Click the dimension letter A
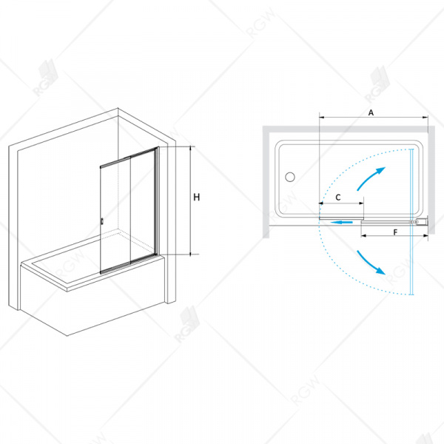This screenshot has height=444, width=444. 371,112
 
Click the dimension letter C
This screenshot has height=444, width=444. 338,198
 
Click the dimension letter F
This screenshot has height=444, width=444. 396,232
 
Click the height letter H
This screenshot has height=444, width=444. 197,197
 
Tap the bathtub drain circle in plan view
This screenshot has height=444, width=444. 289,177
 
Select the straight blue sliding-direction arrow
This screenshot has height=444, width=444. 341,222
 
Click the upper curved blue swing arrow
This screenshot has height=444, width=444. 371,178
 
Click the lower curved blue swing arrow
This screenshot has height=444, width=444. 371,263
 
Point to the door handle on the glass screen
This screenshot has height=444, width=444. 102,222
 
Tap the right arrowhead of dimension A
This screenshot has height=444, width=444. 425,117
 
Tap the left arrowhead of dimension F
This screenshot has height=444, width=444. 364,235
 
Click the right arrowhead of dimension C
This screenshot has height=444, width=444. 361,203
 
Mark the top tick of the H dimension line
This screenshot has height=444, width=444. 192,147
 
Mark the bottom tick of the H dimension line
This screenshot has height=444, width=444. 192,255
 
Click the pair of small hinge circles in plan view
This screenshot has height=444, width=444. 414,222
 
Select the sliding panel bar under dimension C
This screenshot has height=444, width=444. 341,218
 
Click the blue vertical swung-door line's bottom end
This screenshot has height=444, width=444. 411,295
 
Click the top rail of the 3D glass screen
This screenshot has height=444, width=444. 129,158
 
